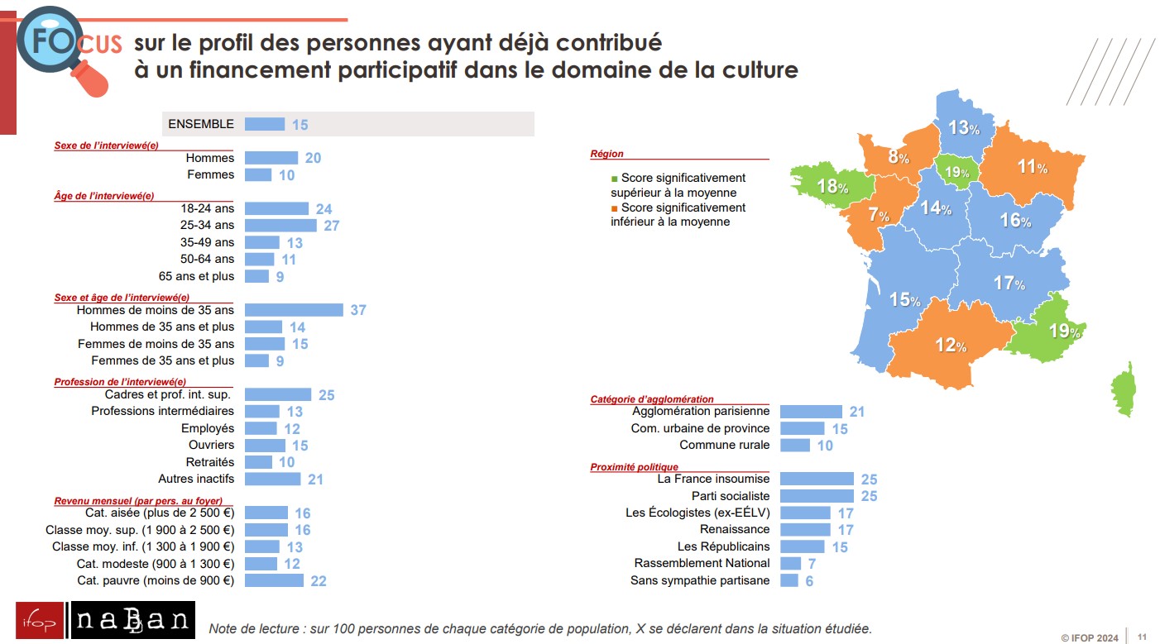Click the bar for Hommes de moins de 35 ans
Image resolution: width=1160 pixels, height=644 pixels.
[294, 310]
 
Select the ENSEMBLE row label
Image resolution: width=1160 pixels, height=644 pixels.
[201, 124]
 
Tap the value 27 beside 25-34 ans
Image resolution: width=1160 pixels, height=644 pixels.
[331, 226]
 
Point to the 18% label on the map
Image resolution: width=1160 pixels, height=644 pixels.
[832, 187]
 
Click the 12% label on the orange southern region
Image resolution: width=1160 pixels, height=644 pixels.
[951, 346]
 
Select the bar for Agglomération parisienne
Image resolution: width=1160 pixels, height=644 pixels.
[811, 412]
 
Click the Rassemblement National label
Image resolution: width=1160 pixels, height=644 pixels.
[702, 563]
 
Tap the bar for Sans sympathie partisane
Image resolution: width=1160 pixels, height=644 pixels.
[789, 580]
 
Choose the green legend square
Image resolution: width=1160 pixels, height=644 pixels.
[614, 179]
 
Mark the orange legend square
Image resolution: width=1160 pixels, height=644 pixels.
[614, 208]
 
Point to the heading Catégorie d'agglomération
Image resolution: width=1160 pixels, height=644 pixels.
[652, 399]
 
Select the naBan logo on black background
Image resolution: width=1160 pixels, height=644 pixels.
[134, 621]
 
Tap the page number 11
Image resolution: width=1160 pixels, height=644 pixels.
[1142, 637]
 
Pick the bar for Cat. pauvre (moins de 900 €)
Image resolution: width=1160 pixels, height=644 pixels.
[275, 580]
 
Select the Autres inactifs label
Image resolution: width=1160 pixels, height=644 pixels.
[196, 479]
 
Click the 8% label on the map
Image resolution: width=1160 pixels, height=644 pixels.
[899, 157]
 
